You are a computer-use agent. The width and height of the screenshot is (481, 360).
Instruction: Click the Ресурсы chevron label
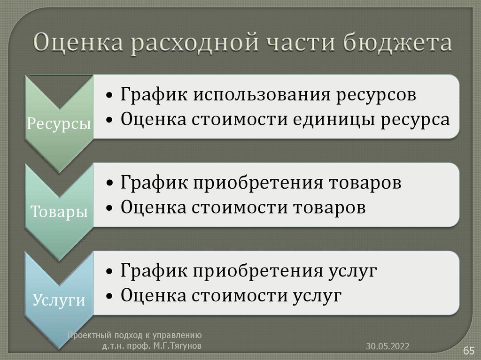pos(59,124)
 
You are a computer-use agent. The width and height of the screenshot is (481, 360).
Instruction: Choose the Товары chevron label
pos(59,212)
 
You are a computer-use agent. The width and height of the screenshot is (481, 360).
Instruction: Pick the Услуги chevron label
pos(59,299)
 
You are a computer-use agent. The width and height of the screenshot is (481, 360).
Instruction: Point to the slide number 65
pos(469,351)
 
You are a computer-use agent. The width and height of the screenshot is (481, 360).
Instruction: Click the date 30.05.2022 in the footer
pos(388,346)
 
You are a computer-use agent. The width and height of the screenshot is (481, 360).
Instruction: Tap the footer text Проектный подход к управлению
pos(134,335)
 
